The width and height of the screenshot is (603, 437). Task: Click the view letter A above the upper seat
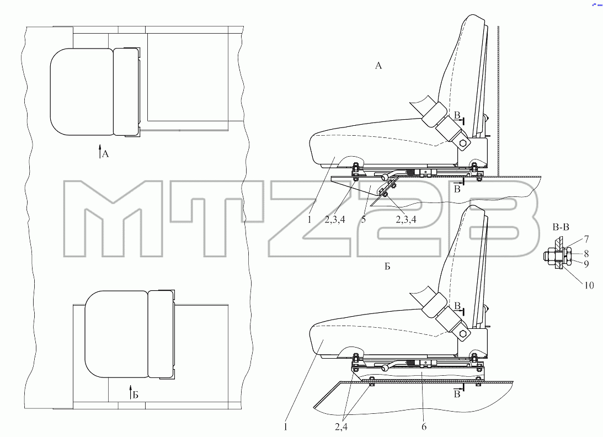[378, 66]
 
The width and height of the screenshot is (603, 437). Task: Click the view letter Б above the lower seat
[387, 266]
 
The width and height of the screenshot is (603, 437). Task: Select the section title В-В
[561, 227]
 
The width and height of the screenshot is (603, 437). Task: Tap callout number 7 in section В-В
[586, 239]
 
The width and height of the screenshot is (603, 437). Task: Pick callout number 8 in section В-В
[586, 253]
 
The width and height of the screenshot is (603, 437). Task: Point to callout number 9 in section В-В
[586, 264]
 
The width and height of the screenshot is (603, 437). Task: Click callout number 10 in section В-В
[589, 285]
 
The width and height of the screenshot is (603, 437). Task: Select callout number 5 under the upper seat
[364, 220]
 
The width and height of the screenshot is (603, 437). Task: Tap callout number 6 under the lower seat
[424, 427]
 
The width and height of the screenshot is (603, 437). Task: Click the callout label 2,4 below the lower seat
[341, 427]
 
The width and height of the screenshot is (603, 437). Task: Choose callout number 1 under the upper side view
[309, 220]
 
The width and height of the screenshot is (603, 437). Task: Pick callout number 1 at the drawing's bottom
[285, 427]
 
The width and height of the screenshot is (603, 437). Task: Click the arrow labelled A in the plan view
[100, 152]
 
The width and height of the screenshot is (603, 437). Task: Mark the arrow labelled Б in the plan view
[130, 392]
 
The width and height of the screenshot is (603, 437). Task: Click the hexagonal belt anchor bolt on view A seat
[464, 143]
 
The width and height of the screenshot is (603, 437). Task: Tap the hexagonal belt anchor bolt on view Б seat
[464, 333]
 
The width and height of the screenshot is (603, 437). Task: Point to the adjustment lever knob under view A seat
[384, 177]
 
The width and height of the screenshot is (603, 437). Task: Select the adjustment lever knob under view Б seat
[384, 368]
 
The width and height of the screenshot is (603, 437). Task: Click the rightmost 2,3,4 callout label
[405, 220]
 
